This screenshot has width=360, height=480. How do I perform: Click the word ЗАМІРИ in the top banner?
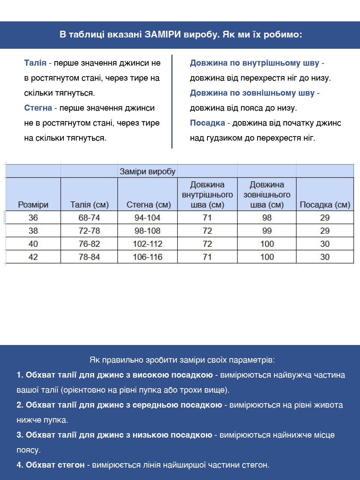click(x=163, y=34)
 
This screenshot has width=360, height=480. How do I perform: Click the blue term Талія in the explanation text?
click(x=35, y=63)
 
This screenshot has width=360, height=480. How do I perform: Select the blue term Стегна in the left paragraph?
click(x=38, y=108)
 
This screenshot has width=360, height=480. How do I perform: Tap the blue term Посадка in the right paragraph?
click(x=207, y=123)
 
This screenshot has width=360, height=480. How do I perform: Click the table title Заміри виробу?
click(x=147, y=171)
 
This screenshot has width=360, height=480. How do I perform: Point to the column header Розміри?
click(x=33, y=205)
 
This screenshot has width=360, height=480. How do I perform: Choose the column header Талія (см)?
click(x=89, y=205)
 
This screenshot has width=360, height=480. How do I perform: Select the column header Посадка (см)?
click(x=325, y=205)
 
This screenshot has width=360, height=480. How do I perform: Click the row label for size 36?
click(x=33, y=217)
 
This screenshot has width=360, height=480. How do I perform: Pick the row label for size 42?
click(x=33, y=257)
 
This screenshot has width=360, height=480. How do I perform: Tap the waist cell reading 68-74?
click(x=89, y=217)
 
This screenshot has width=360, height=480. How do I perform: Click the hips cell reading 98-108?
click(x=147, y=231)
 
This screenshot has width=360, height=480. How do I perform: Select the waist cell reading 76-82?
click(x=89, y=244)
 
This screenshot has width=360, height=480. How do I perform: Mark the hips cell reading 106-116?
click(x=147, y=257)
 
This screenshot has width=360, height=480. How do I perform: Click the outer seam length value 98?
click(x=267, y=217)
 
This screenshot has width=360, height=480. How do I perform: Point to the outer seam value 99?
click(x=267, y=231)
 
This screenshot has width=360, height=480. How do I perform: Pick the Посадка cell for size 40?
click(x=325, y=244)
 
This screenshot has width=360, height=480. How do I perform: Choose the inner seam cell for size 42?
click(x=207, y=257)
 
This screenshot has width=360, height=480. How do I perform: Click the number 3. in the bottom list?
click(x=20, y=435)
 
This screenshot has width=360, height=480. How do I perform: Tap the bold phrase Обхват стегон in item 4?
click(x=55, y=465)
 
